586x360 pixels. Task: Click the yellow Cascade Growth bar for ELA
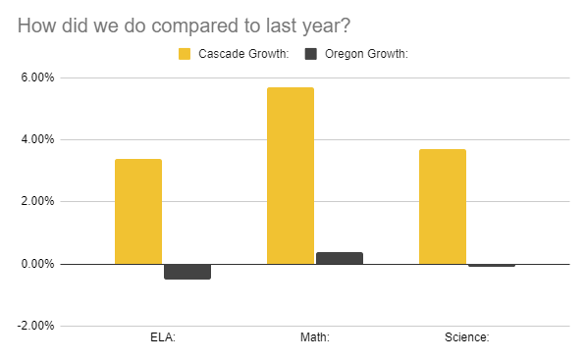click(138, 211)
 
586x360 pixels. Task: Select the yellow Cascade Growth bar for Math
click(291, 176)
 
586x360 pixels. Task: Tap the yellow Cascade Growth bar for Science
click(443, 206)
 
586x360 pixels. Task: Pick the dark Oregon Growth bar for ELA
click(186, 272)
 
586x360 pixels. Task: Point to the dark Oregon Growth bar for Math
click(340, 258)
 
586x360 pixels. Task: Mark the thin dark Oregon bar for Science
click(491, 265)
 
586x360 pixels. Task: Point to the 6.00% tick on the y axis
click(38, 77)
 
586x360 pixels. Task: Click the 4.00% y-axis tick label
click(38, 139)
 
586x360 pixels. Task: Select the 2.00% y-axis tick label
click(38, 202)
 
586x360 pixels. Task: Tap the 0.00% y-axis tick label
click(38, 264)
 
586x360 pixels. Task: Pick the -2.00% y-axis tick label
click(36, 326)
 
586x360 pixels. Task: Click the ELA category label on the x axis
click(162, 338)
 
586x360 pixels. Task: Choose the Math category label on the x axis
click(315, 338)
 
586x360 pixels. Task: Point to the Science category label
click(466, 338)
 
